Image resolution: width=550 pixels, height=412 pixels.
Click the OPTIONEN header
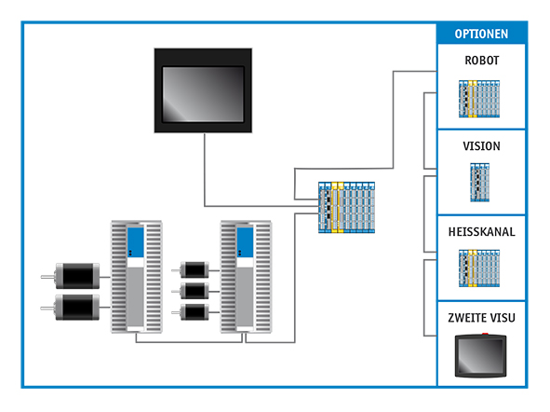481,34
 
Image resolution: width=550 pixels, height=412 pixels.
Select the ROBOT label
482,61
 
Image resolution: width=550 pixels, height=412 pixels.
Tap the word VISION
481,146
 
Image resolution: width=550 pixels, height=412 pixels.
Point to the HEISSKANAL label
482,232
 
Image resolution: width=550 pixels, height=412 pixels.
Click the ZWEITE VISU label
482,318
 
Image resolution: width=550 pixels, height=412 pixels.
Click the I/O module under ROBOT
479,99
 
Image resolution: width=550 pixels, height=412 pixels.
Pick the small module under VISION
479,183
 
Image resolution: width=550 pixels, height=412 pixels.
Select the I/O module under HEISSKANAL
479,268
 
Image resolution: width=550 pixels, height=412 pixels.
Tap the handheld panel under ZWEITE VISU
480,355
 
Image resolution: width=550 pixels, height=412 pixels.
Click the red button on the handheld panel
485,334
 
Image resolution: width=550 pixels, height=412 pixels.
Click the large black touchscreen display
203,90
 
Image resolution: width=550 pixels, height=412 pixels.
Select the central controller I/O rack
346,207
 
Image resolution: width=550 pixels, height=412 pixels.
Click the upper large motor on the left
77,276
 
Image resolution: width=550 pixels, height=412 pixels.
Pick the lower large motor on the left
77,308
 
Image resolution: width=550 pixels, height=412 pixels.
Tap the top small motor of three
195,269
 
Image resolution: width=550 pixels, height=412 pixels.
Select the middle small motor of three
195,291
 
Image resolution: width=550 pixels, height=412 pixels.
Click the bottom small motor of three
195,312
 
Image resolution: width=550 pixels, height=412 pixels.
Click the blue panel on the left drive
135,242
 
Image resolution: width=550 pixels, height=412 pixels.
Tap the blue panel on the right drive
245,242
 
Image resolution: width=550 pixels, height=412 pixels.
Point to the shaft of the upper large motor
47,277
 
